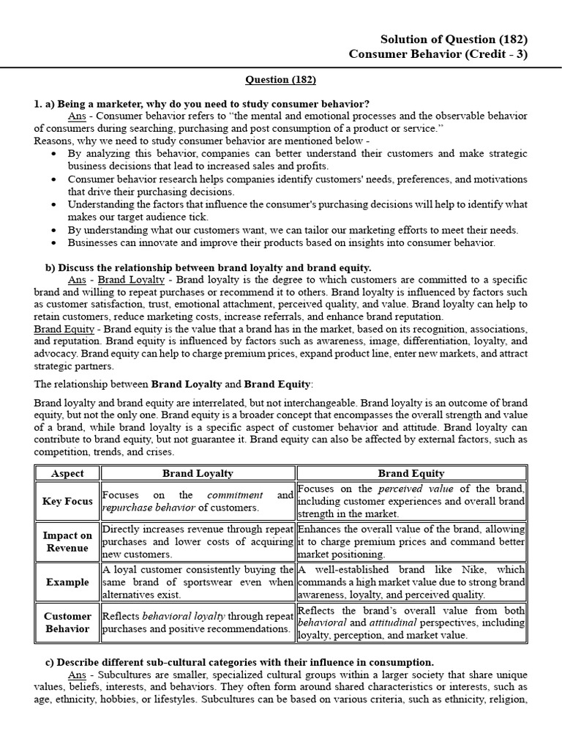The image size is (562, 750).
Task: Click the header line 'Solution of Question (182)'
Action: (x=454, y=40)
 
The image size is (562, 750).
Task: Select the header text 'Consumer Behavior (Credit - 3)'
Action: (x=438, y=54)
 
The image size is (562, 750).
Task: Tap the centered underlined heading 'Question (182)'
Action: (x=280, y=79)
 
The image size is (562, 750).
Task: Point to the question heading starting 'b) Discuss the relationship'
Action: (x=209, y=267)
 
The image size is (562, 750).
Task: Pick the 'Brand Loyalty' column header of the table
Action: (x=198, y=474)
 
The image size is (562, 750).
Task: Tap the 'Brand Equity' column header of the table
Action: (x=411, y=474)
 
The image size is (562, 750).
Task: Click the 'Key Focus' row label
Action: (x=67, y=501)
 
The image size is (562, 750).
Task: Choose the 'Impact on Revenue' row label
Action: (x=67, y=542)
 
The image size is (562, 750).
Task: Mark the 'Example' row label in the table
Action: (x=67, y=582)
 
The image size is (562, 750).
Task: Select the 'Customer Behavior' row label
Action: (x=67, y=623)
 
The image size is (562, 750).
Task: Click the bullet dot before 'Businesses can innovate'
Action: (x=56, y=243)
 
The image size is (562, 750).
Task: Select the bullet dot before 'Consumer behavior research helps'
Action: (x=56, y=179)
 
